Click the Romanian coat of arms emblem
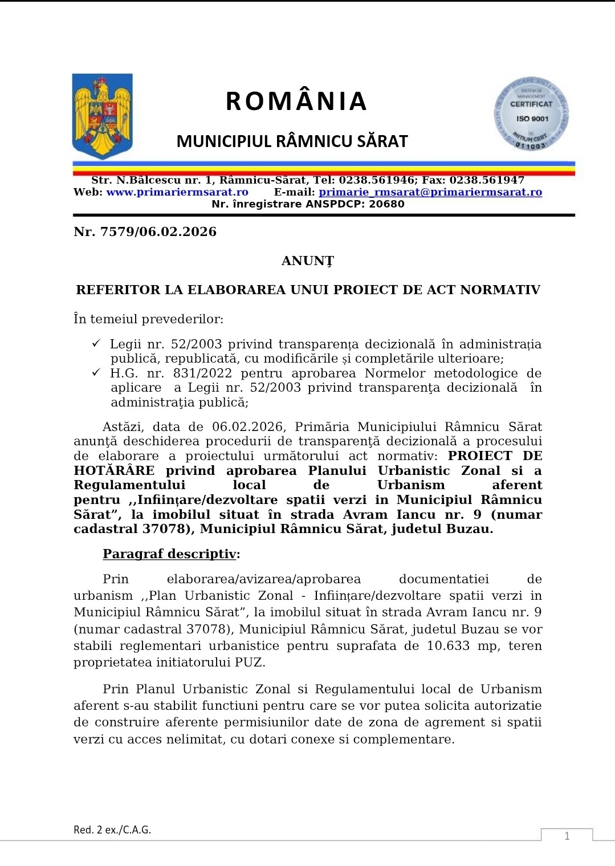pos(103,116)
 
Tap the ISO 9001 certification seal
pos(531,115)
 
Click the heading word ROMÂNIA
pos(296,101)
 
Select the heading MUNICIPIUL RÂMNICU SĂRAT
pos(292,141)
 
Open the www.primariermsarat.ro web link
pos(177,192)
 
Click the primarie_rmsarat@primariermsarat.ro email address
pos(430,192)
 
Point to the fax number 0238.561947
pos(487,180)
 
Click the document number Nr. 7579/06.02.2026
pos(145,231)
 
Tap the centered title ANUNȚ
pos(308,261)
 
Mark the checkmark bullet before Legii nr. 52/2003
pos(96,343)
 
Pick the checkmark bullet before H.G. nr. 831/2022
pos(96,372)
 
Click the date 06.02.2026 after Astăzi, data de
pos(247,427)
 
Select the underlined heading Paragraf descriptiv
pos(169,554)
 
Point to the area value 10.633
pos(448,646)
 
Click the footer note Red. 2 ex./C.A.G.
pos(112,830)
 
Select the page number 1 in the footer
pos(567,836)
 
